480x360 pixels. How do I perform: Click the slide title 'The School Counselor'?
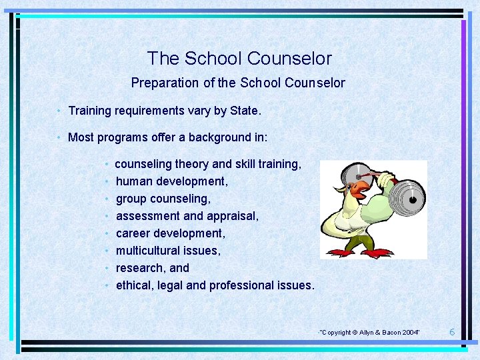(239, 59)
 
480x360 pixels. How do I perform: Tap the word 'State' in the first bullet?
(244, 111)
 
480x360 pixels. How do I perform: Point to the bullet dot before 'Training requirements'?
(59, 111)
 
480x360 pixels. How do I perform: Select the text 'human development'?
(171, 181)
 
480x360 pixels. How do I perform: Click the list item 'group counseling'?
(163, 199)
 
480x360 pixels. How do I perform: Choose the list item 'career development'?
(170, 233)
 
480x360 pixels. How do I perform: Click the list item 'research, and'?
(152, 268)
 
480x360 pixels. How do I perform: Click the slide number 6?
(452, 332)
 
